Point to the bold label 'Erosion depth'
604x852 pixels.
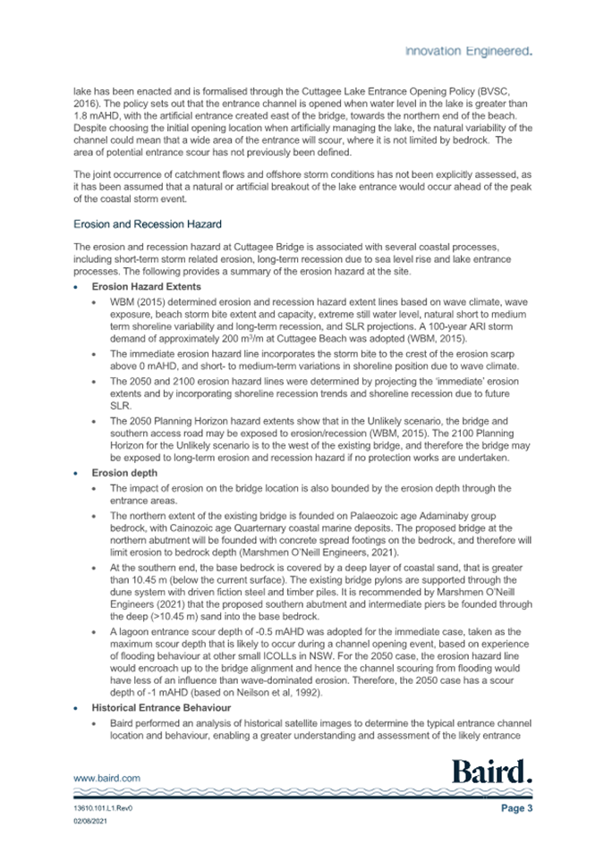(x=123, y=473)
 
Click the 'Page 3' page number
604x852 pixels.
(x=516, y=808)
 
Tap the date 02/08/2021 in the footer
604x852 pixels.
(x=91, y=822)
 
